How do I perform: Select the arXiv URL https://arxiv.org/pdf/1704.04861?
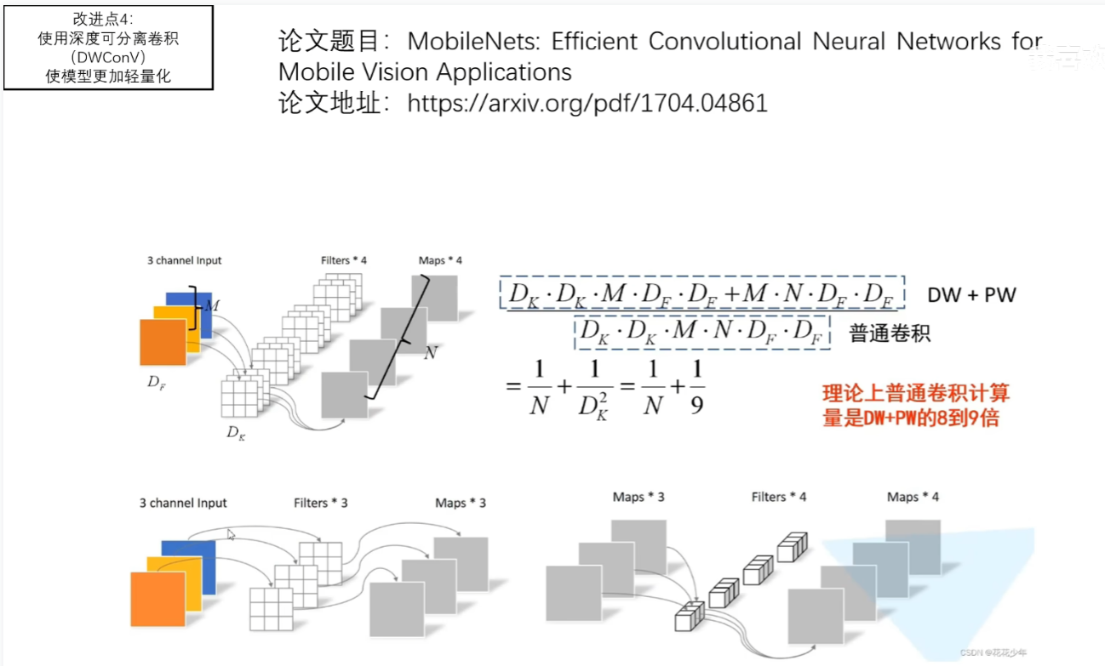coord(587,104)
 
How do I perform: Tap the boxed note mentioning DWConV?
coord(108,47)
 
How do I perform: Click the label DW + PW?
coord(971,295)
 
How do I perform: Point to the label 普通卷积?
coord(890,333)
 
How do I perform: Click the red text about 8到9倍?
coord(915,406)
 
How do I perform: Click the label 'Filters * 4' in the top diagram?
coord(344,260)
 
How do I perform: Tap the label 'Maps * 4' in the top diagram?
coord(440,260)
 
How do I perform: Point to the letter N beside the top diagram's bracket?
coord(430,351)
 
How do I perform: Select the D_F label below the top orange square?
coord(156,382)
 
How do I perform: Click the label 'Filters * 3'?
coord(321,503)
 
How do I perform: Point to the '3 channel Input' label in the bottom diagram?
coord(183,503)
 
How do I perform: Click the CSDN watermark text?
coord(993,652)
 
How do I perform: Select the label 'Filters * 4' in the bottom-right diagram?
coord(778,497)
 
